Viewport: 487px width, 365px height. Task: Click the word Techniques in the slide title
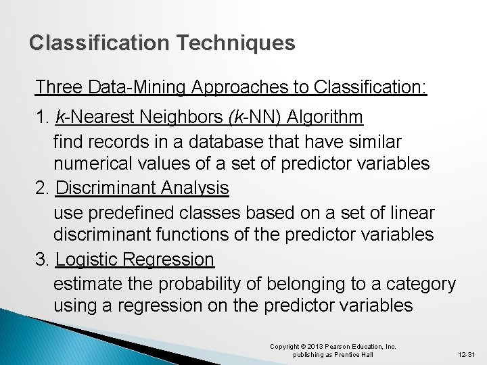[x=236, y=43]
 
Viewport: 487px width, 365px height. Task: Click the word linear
[x=412, y=213]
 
